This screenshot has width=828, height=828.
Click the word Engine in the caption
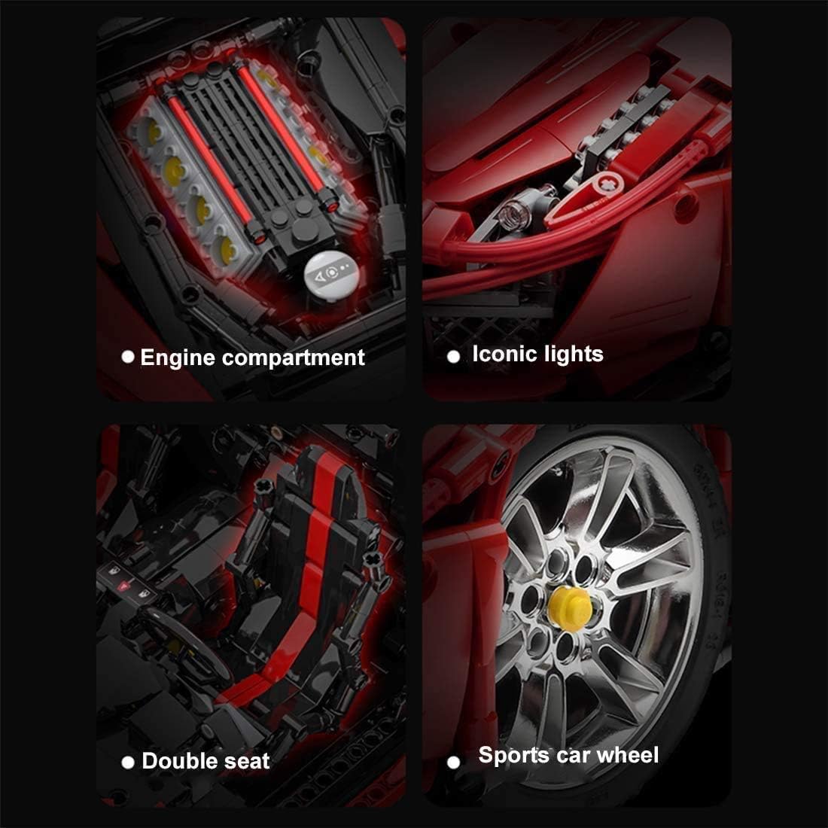(x=177, y=358)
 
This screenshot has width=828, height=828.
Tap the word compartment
(x=294, y=358)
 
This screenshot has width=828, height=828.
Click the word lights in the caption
(x=574, y=354)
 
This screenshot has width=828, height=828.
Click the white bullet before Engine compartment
(x=128, y=358)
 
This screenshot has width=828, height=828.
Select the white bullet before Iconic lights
(x=453, y=357)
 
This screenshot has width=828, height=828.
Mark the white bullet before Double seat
(x=128, y=762)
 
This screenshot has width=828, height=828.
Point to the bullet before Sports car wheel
(x=453, y=762)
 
